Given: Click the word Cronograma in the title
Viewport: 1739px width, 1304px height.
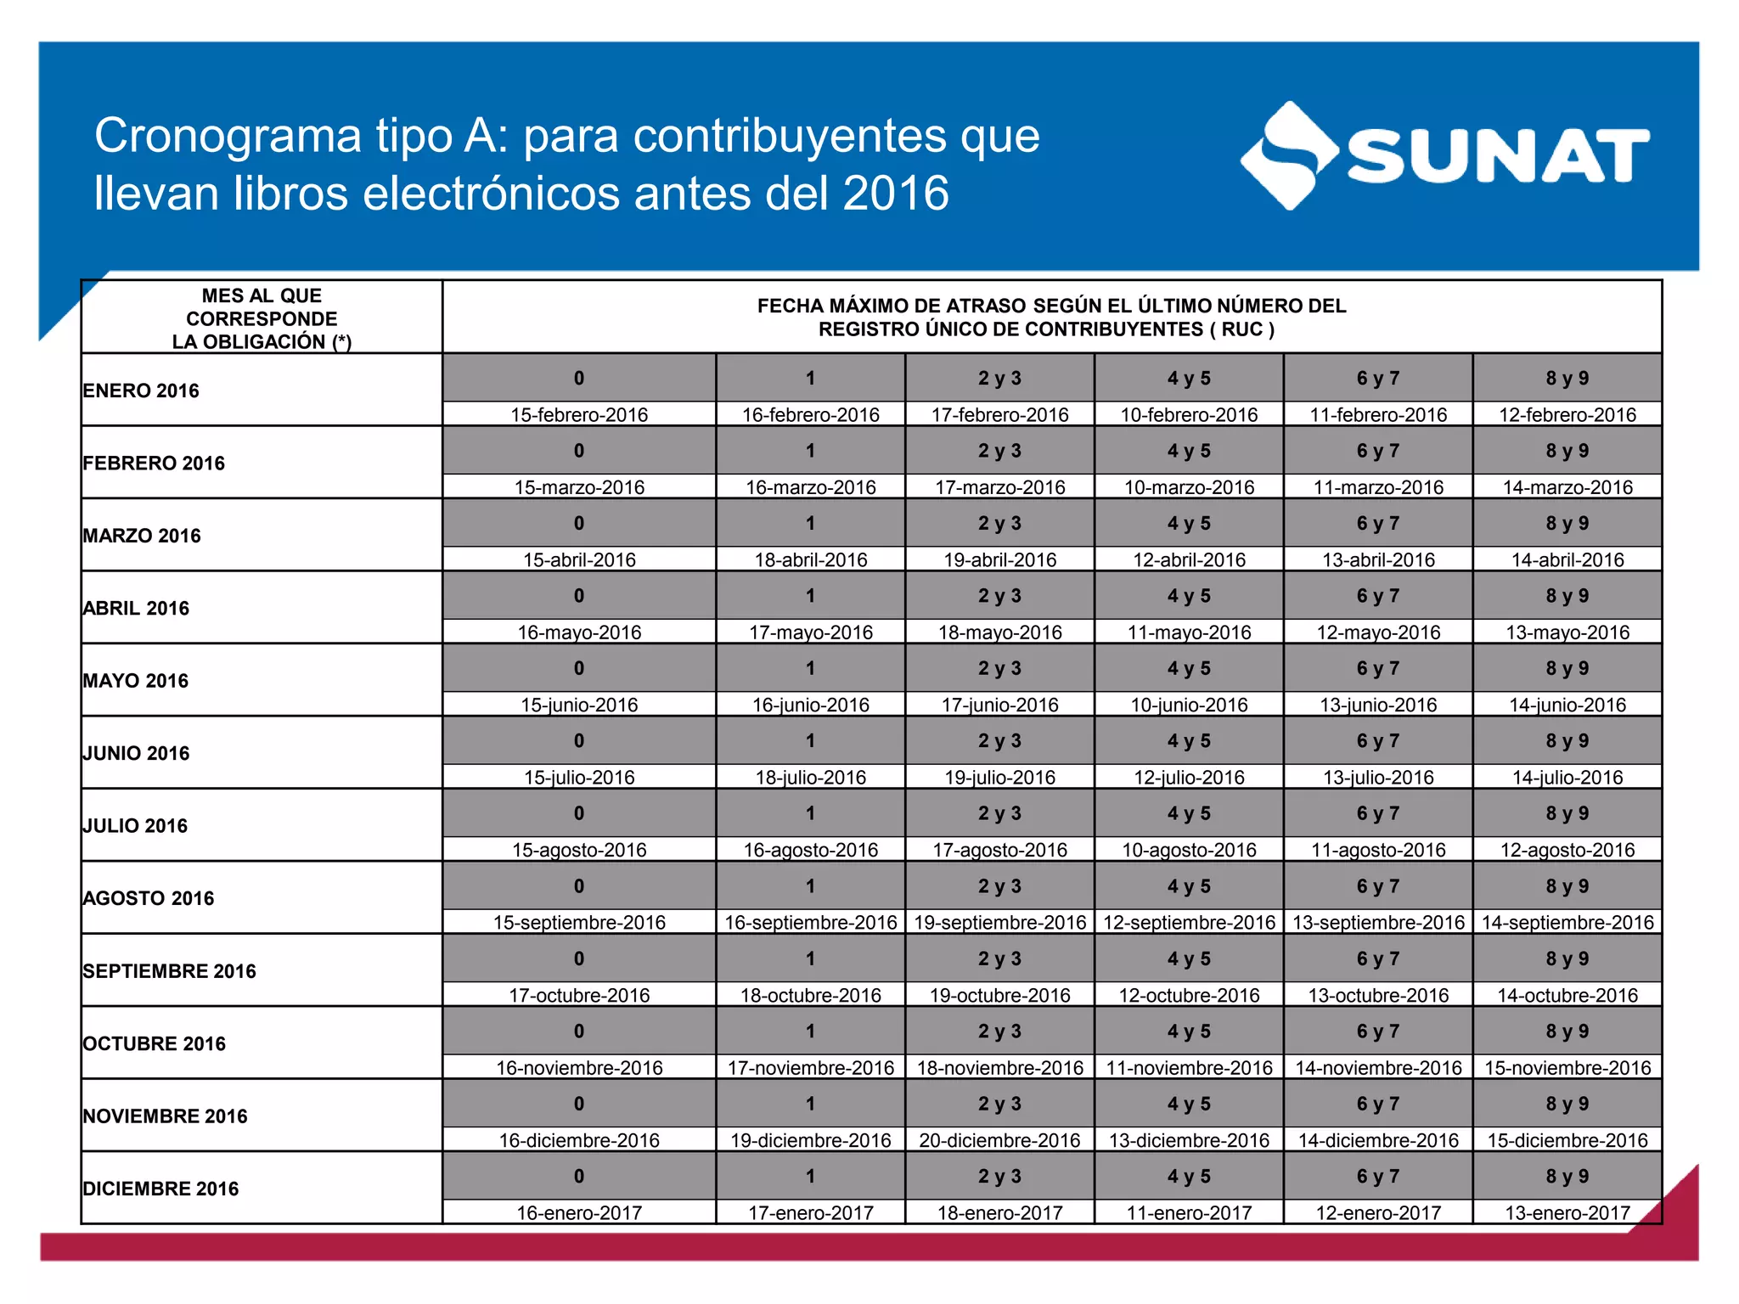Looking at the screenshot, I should pos(228,136).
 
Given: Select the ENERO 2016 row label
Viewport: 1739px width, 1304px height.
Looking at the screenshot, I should pos(141,391).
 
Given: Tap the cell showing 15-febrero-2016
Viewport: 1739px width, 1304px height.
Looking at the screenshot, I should pos(578,415).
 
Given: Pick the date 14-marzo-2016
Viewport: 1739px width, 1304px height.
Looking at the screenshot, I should pos(1567,487).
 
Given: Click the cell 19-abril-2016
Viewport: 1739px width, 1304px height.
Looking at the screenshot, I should pos(999,560).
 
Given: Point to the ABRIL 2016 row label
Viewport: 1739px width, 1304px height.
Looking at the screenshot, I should pos(136,608).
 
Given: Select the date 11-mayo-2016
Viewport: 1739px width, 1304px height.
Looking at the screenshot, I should pos(1189,632).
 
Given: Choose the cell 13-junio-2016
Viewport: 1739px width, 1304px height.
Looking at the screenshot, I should pos(1378,705).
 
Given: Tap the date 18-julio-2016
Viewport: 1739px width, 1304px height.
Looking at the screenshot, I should pos(810,778).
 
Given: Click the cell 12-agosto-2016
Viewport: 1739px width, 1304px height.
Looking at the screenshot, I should pos(1567,850).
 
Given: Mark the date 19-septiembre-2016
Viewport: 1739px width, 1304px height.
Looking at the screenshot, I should pos(999,923).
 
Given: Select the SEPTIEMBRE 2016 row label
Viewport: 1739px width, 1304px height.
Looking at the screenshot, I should pos(169,971).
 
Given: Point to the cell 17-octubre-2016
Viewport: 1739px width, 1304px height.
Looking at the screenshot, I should pos(578,995).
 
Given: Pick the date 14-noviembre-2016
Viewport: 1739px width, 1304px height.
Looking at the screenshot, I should pos(1378,1068).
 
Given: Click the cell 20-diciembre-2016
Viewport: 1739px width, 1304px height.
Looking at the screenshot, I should pos(999,1140).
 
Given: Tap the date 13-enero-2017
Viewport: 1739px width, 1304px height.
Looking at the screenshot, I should pos(1567,1213).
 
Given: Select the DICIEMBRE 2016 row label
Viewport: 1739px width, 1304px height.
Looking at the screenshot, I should pos(160,1189).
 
